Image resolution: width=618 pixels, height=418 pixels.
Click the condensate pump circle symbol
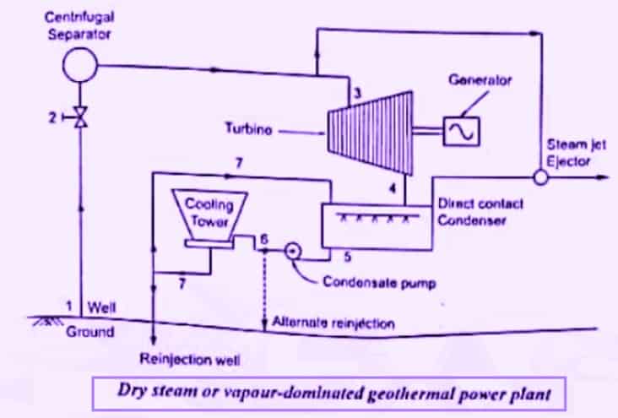(x=294, y=252)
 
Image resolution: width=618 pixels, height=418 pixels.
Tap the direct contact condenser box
(x=376, y=225)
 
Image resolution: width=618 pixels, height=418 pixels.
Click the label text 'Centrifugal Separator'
(x=68, y=23)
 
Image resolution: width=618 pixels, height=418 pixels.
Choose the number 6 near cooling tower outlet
(x=264, y=239)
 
